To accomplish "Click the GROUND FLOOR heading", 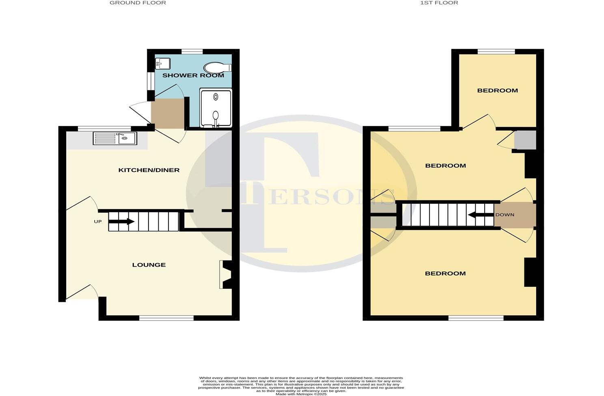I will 138,3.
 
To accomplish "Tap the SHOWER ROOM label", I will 193,75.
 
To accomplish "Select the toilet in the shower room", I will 217,67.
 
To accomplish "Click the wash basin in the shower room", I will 163,64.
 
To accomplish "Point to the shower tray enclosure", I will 216,108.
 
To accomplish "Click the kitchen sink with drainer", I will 115,138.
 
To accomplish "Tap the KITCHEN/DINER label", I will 149,170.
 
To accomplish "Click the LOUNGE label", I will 149,265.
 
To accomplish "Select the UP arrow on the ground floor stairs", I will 121,222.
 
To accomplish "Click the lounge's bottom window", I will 166,318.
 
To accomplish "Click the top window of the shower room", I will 192,52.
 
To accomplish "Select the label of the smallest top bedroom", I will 497,90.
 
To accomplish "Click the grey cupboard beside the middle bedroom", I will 525,140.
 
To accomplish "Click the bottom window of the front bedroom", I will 476,318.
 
